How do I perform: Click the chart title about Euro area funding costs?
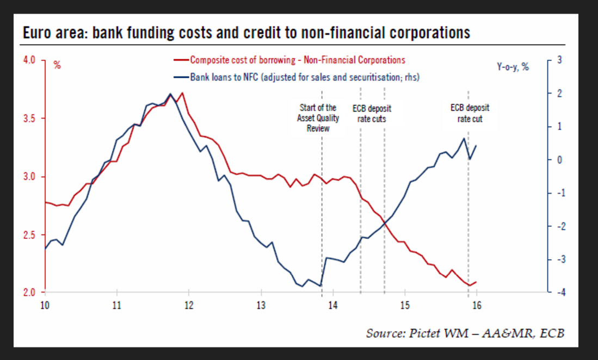[246, 33]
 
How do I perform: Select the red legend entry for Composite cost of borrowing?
[297, 60]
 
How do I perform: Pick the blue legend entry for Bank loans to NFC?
[305, 77]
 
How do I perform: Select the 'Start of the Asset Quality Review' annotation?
[318, 118]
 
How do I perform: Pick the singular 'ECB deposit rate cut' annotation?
[470, 113]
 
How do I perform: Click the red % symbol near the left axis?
[57, 66]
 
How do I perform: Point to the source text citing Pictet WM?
[465, 333]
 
